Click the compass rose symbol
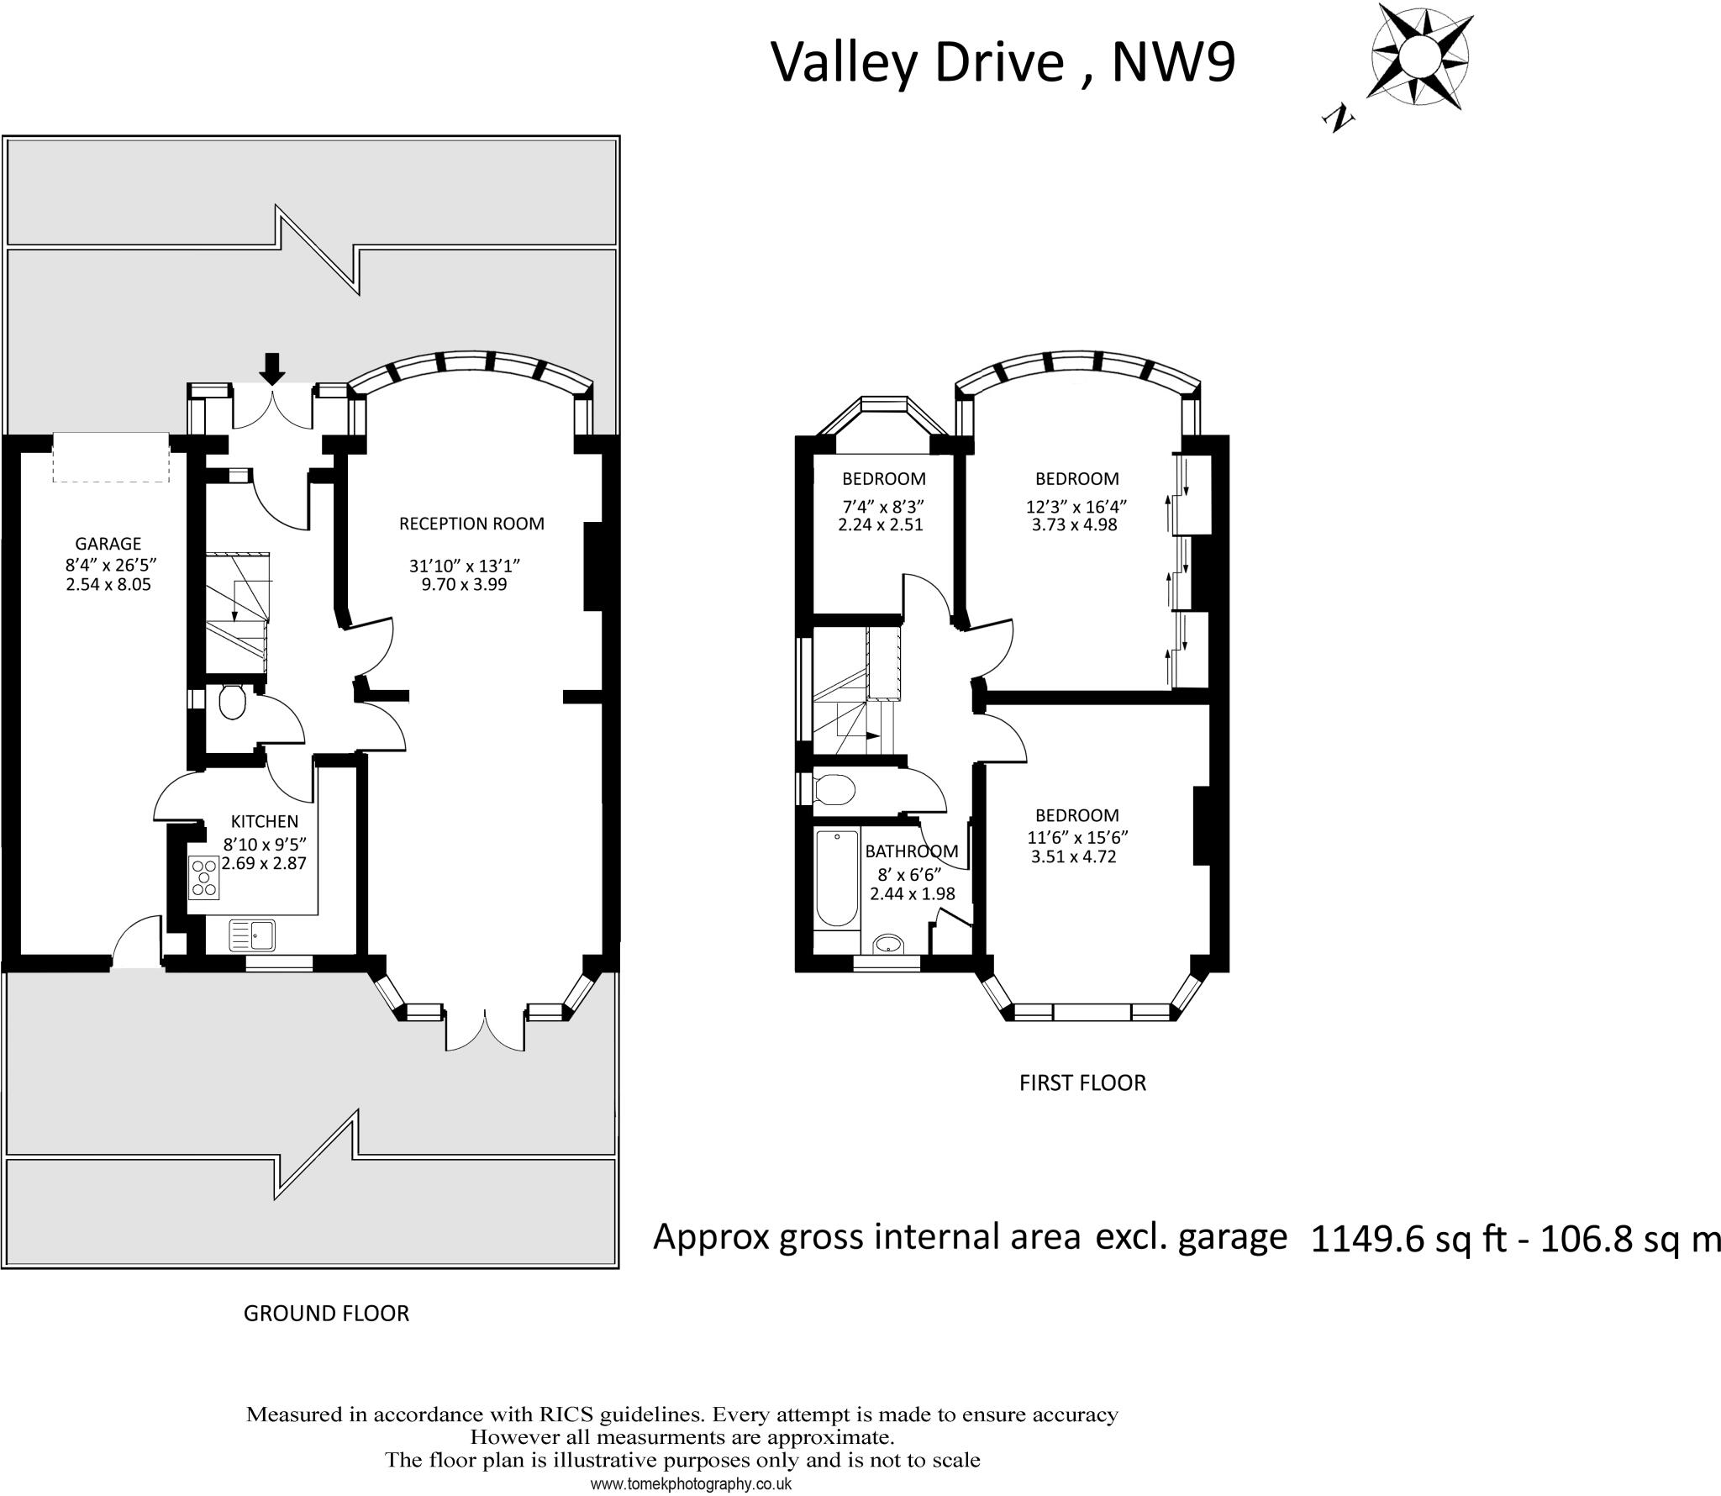point(1421,57)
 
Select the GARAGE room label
point(108,544)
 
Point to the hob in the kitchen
point(204,876)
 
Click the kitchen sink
point(253,935)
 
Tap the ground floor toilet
point(231,703)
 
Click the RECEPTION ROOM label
point(471,524)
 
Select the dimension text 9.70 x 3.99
point(464,584)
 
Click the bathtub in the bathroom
point(836,877)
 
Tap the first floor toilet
point(834,789)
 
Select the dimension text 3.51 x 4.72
point(1073,857)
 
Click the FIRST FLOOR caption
point(1082,1082)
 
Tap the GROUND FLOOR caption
point(326,1313)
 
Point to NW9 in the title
point(1173,62)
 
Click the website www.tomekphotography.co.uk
point(691,1484)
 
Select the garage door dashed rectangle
point(111,457)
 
